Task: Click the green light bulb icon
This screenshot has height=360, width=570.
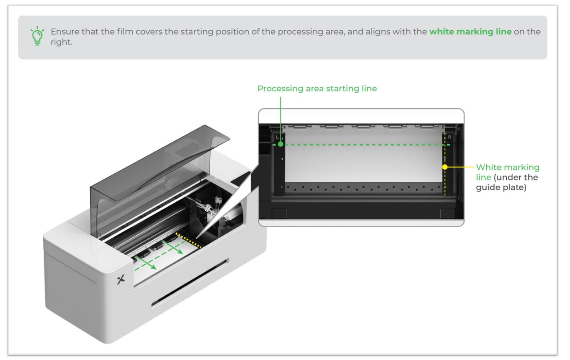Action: coord(37,36)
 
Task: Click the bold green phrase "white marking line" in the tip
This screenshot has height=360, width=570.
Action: coord(470,32)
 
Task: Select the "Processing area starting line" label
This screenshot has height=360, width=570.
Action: coord(317,89)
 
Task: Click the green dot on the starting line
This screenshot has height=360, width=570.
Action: coord(281,144)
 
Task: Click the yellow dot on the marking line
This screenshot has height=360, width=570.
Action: coord(445,167)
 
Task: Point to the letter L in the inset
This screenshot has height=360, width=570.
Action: coord(277,137)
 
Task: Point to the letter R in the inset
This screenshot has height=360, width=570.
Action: coord(450,137)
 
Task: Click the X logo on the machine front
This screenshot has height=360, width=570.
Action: coord(121,279)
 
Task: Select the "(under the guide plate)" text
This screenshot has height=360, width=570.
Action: coord(507,182)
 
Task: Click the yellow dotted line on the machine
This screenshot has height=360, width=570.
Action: coord(189,240)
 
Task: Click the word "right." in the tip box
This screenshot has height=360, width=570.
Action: coord(61,42)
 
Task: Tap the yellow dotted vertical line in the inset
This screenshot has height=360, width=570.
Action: coord(445,164)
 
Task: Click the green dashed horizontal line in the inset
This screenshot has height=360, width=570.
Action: coord(361,145)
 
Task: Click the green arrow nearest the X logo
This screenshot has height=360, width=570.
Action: coord(146,262)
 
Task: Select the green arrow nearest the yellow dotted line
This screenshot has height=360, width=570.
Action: coord(172,247)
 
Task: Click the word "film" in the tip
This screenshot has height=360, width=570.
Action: coord(125,32)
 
